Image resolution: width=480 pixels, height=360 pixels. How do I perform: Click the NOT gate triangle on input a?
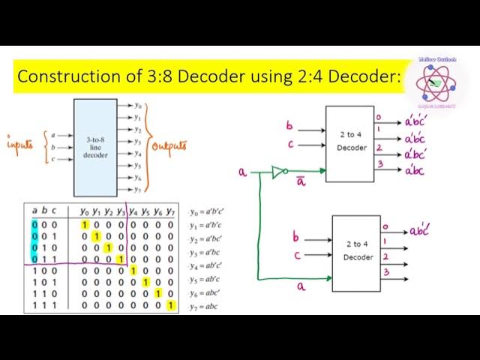point(279,172)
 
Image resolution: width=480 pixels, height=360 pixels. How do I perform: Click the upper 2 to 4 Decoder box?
point(349,143)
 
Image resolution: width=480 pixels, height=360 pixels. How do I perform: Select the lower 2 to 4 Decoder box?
point(357,249)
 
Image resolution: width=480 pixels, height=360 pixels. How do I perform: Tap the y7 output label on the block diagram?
point(136,187)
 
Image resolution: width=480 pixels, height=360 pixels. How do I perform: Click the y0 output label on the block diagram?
point(136,106)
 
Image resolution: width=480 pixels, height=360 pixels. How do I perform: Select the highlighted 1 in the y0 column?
point(85,226)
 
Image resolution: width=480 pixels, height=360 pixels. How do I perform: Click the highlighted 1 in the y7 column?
point(171,306)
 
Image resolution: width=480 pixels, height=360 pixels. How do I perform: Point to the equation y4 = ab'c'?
point(203,266)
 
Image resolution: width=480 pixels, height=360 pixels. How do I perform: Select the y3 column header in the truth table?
point(120,211)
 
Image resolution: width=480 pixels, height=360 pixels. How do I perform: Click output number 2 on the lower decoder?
point(385,257)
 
